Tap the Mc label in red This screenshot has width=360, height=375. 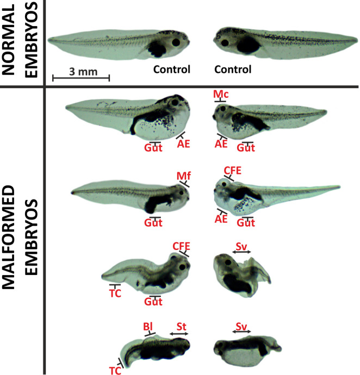(x=221, y=95)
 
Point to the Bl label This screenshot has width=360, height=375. (x=147, y=326)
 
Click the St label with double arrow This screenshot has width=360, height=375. (x=181, y=326)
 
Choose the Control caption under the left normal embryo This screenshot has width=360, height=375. (x=171, y=70)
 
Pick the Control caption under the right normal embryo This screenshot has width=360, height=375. (x=233, y=70)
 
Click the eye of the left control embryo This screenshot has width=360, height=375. (x=176, y=42)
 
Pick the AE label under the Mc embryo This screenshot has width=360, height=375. (x=221, y=143)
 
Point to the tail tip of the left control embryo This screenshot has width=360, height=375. (x=49, y=40)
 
